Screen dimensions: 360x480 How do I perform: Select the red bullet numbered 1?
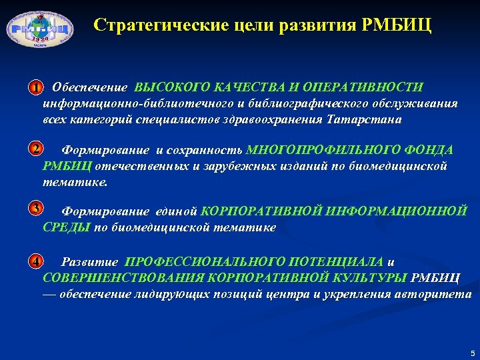(36, 87)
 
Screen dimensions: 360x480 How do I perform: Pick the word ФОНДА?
(427, 150)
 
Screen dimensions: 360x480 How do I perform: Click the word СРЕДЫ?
(67, 228)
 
